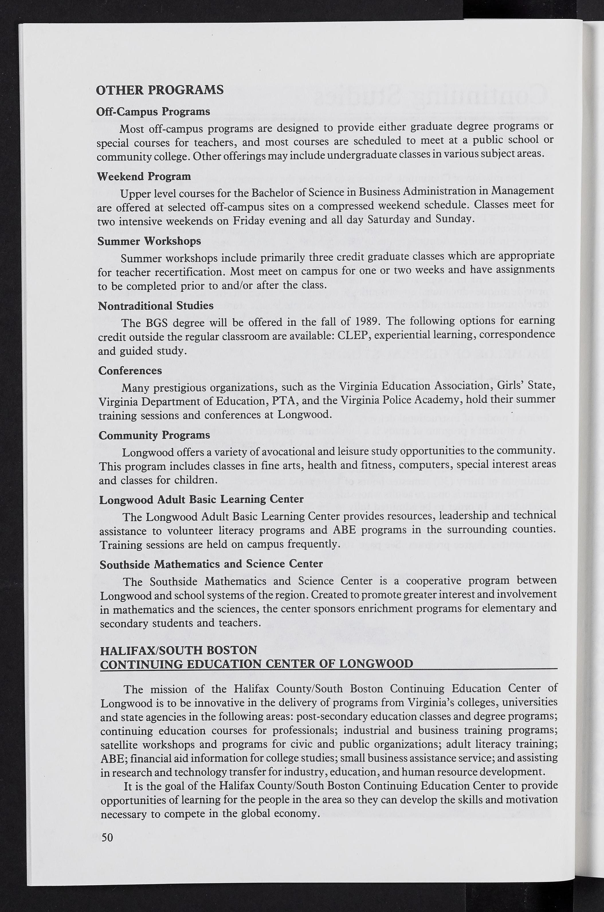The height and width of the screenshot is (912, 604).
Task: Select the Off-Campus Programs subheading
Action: [x=153, y=112]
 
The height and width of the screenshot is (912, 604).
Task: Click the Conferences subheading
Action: [x=130, y=370]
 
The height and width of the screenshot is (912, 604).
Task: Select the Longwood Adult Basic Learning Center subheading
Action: [x=201, y=499]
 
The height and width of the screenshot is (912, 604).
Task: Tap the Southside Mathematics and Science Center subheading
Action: [x=211, y=564]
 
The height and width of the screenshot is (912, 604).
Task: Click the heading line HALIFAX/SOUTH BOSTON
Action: [x=178, y=650]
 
